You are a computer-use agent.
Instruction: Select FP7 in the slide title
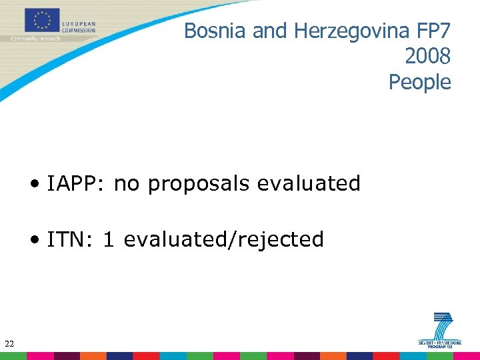(434, 31)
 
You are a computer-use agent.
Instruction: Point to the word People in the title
(420, 82)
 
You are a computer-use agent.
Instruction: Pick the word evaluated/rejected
(224, 239)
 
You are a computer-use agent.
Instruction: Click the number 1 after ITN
(108, 239)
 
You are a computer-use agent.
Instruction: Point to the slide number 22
(9, 344)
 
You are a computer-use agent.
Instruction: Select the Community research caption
(35, 39)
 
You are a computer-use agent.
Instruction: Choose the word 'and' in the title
(269, 31)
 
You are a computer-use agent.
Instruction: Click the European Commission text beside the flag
(79, 27)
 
